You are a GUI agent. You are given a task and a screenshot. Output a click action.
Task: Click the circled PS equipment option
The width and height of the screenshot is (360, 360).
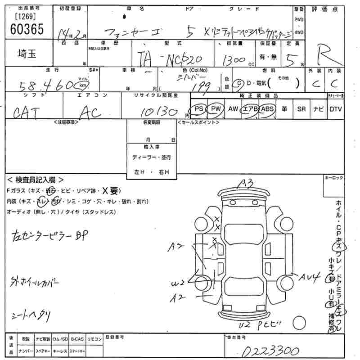tap(199, 109)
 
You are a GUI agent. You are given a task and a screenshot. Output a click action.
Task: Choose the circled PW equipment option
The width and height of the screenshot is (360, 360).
tap(216, 109)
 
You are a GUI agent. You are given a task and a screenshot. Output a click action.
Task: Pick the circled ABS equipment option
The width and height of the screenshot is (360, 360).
tap(267, 109)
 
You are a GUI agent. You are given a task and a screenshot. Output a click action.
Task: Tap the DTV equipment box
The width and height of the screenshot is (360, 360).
tap(335, 109)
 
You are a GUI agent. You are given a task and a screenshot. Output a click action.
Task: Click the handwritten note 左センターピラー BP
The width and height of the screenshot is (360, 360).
tap(53, 234)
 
